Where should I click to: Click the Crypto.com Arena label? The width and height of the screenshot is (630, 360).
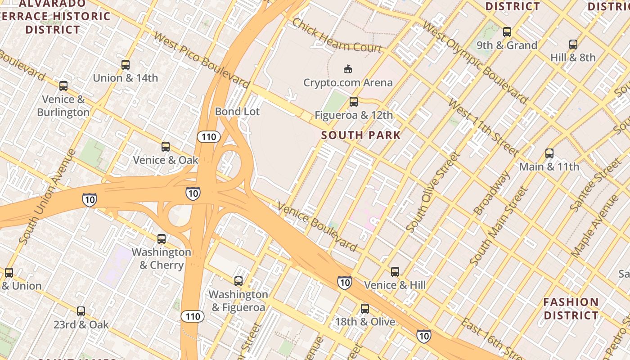(348, 82)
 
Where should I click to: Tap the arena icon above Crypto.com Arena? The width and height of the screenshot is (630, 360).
(347, 69)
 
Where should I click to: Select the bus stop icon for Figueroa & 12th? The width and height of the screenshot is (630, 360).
(354, 102)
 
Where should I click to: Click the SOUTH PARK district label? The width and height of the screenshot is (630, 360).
(361, 135)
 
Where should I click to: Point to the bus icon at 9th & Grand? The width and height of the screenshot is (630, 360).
(507, 32)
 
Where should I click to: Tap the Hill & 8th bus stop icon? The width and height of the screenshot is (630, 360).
(573, 45)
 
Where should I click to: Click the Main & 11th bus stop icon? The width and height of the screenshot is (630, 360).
(549, 153)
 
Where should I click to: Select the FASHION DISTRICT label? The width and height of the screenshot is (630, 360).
(571, 308)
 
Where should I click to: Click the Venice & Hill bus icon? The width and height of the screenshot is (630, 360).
(395, 272)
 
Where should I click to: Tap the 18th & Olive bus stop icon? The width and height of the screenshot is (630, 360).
(365, 309)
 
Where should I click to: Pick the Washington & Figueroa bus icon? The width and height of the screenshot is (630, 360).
(238, 281)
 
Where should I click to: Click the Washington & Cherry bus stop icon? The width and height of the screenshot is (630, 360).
(162, 239)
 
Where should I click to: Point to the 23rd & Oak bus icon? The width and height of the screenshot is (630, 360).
(81, 311)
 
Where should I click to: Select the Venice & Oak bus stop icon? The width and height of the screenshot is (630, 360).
(166, 147)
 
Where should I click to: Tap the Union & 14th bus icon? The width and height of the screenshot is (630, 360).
(126, 65)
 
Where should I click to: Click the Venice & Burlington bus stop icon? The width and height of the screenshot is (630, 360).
(63, 86)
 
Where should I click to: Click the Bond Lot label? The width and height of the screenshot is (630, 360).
(237, 112)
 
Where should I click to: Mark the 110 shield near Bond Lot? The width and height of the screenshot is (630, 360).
(208, 136)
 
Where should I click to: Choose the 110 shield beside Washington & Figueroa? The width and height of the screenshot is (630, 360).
(193, 316)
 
